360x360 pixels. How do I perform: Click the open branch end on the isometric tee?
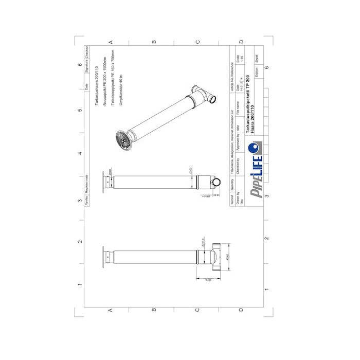tap(212, 98)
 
